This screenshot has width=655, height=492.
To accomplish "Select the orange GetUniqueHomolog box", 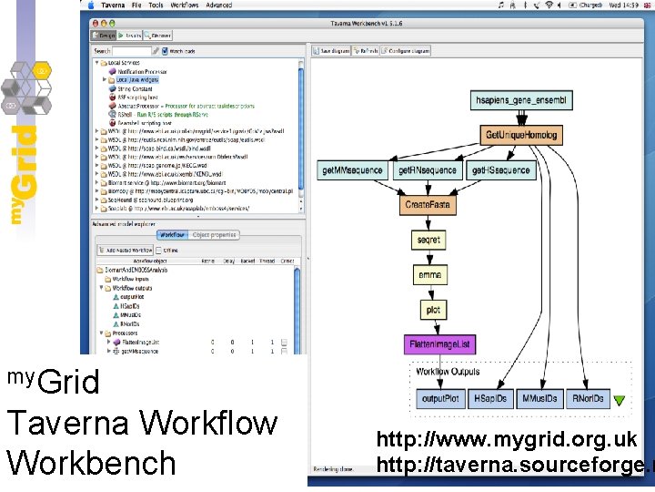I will [519, 135].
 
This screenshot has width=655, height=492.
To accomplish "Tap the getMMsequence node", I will [352, 170].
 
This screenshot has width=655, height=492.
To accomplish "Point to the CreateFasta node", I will [429, 205].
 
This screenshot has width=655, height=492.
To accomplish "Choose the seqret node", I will [429, 241].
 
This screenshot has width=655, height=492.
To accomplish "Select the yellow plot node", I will [433, 311].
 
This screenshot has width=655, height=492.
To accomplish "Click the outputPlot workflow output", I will [441, 399].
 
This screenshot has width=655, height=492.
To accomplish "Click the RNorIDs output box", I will [589, 399].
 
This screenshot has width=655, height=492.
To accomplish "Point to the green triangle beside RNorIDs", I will [619, 400].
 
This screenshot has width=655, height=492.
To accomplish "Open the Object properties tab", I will [215, 235].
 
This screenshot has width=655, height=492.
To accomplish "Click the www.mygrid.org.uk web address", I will [507, 440].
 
